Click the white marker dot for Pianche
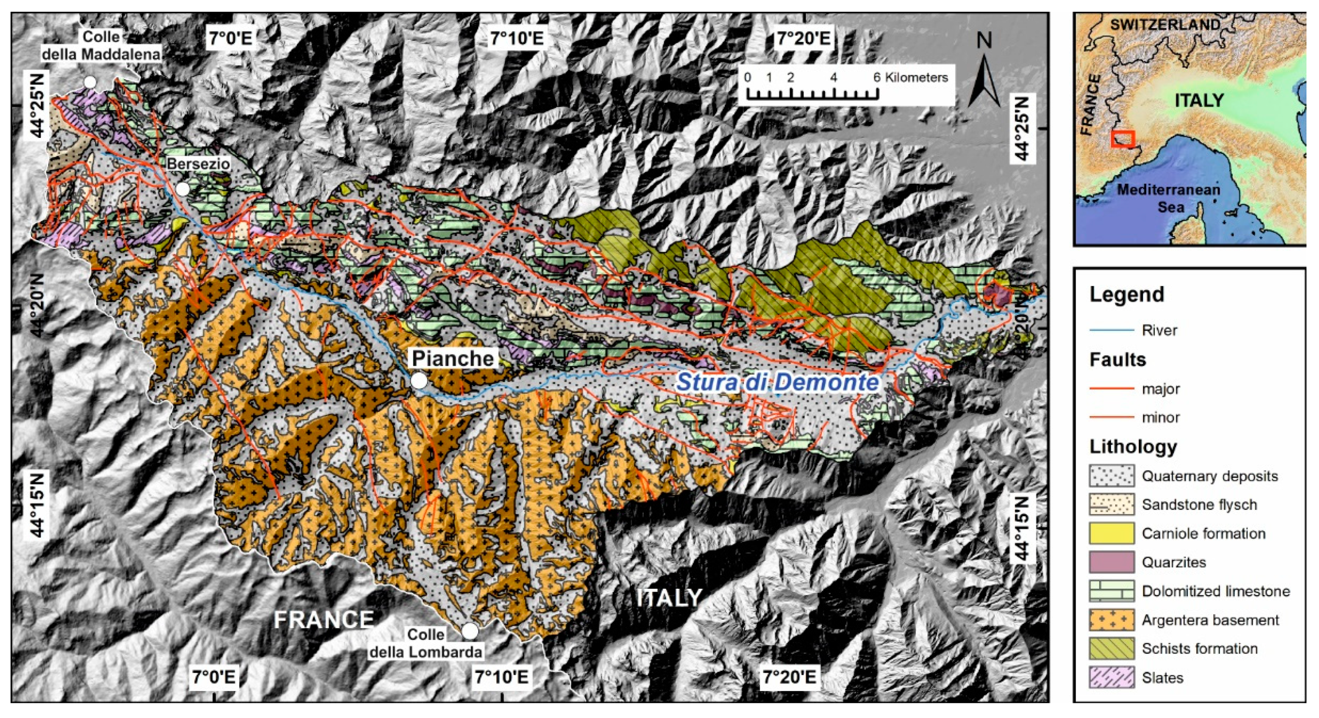tap(419, 380)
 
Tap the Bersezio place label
tap(198, 164)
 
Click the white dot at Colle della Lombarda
tap(470, 631)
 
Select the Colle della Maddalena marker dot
tap(90, 82)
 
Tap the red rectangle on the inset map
tap(1122, 139)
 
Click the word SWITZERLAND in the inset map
tap(1164, 24)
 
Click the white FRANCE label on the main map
tap(323, 620)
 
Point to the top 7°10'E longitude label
tap(517, 38)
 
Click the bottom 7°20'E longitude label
tap(789, 677)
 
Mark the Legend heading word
tap(1127, 294)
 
